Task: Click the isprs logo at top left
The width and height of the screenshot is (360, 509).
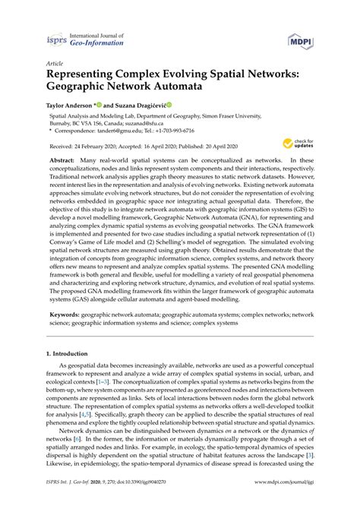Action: tap(56, 43)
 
